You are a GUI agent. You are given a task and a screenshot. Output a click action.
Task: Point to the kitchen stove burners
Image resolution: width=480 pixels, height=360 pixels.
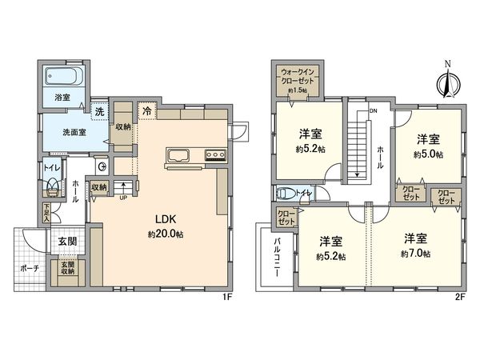click(216, 155)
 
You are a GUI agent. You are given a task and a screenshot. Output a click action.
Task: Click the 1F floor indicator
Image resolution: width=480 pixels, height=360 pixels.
click(226, 296)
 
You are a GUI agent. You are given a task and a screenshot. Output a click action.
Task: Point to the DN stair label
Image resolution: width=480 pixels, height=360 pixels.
click(372, 110)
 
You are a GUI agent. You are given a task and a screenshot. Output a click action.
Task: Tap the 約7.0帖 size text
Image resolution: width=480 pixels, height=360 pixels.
click(415, 254)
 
